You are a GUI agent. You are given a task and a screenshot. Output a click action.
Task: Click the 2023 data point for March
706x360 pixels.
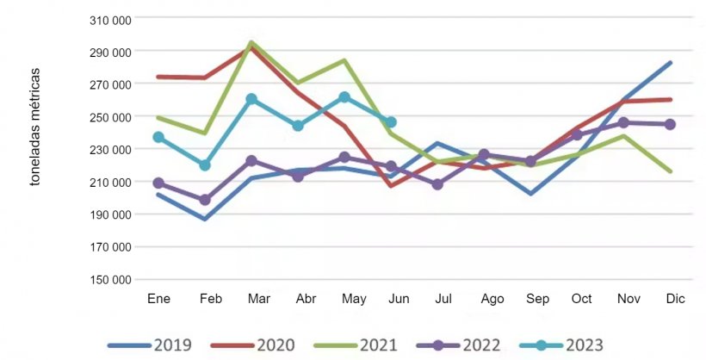[x=251, y=99]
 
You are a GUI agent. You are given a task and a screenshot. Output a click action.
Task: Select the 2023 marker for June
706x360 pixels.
[x=391, y=122]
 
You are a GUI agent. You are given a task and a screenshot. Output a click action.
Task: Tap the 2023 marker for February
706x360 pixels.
[x=205, y=164]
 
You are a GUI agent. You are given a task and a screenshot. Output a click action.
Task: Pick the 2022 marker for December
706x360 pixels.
[x=670, y=124]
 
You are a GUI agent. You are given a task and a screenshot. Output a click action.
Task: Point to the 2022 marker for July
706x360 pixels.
[x=437, y=184]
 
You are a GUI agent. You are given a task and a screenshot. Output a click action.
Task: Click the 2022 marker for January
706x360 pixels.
[x=158, y=183]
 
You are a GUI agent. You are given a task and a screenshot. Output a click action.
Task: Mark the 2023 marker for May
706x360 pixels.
[x=344, y=97]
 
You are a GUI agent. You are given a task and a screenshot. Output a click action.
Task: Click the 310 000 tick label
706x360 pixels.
[x=110, y=19]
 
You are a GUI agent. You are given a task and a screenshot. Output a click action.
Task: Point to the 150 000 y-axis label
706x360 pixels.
[x=110, y=280]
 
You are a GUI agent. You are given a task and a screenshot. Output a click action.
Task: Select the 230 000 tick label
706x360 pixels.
[x=110, y=149]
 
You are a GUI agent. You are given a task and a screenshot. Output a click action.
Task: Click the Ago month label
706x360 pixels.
[x=492, y=299]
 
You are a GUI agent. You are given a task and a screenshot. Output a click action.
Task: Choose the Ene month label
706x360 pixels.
[x=158, y=299]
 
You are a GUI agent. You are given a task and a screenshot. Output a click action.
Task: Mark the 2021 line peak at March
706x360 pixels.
[x=251, y=42]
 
